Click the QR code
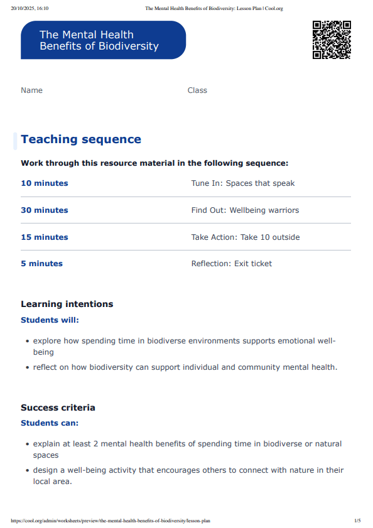pos(331,40)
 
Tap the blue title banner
pos(103,40)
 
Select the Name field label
pos(31,90)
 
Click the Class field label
pos(197,90)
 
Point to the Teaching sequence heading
pos(81,139)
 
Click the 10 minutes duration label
pos(45,183)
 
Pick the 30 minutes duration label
pos(45,210)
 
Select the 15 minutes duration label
pos(45,237)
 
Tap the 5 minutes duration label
pos(41,264)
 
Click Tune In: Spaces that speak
pos(242,183)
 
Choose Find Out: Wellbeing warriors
pos(245,210)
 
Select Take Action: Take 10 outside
pos(245,237)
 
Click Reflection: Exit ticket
pos(231,264)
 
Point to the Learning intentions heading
pos(67,304)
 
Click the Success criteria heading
pos(58,407)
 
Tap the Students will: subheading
pos(50,320)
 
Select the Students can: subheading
pos(50,423)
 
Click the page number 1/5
pos(357,520)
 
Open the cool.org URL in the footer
pos(111,520)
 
